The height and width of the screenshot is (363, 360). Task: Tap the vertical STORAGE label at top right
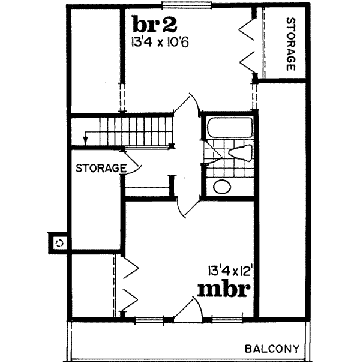(290, 44)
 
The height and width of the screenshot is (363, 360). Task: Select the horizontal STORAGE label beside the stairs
(100, 168)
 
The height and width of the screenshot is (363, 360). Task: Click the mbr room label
(223, 289)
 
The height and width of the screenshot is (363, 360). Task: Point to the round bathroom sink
(223, 187)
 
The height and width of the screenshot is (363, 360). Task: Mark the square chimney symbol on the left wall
(59, 243)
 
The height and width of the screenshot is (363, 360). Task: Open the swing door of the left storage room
(133, 163)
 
